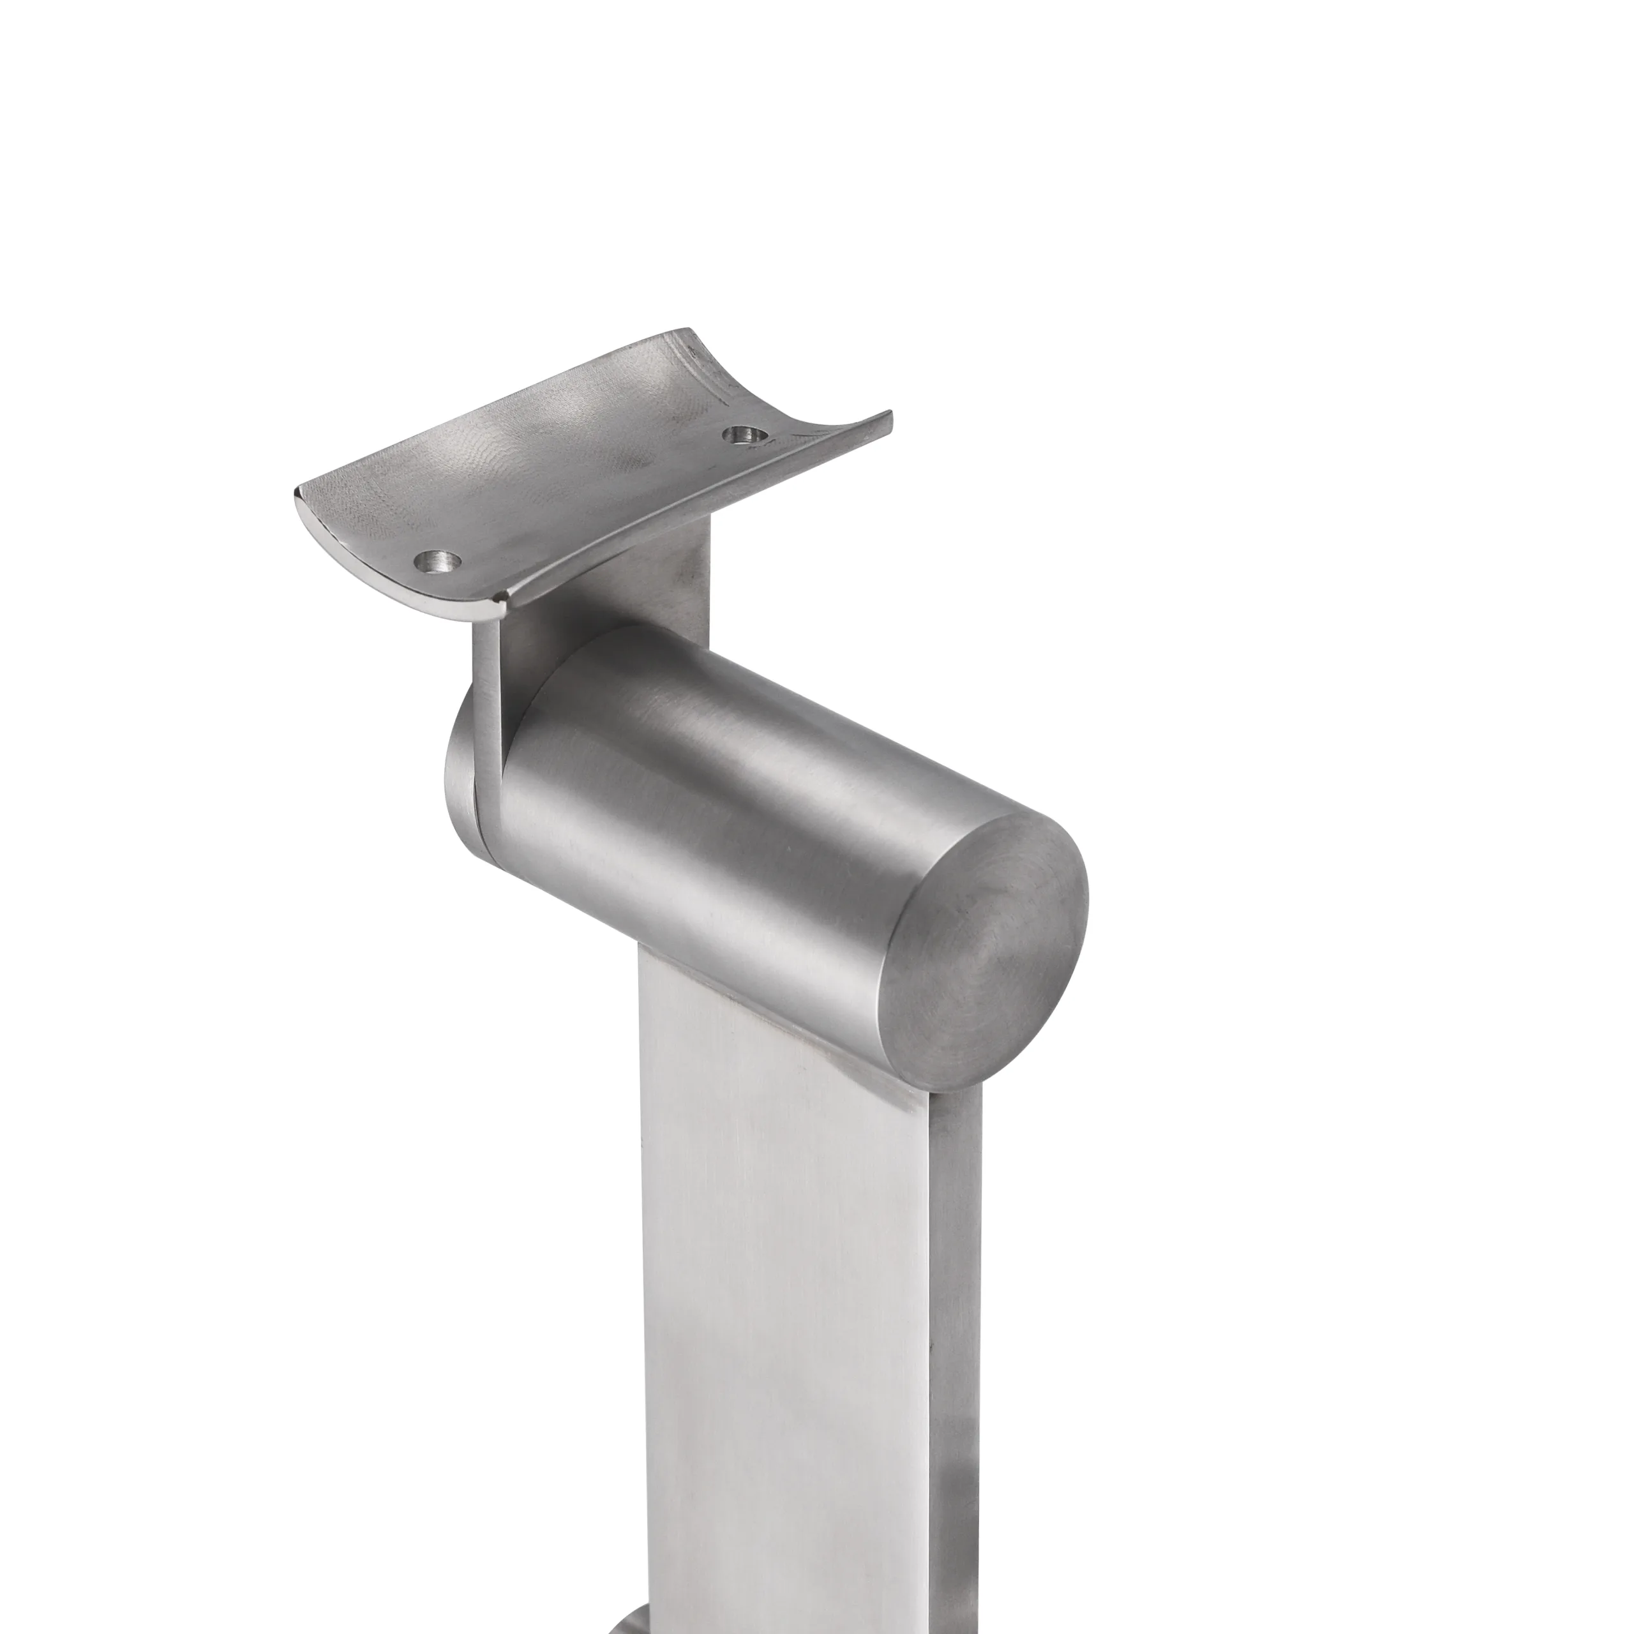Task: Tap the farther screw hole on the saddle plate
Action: point(746,435)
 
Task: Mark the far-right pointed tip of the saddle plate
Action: point(890,414)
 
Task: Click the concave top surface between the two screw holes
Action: point(575,474)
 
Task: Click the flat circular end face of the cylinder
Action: point(981,947)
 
